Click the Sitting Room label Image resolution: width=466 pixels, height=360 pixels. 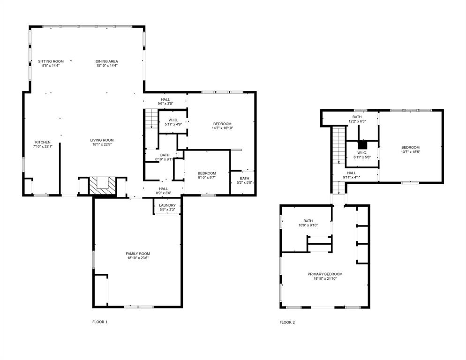tap(51, 61)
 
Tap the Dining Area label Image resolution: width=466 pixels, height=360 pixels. tap(106, 61)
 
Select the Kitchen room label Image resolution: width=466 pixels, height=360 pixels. tap(43, 142)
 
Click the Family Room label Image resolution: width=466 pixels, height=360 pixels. tap(137, 253)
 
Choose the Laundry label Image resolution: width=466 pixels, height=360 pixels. tap(167, 205)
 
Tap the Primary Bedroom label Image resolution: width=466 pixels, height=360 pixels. tap(324, 274)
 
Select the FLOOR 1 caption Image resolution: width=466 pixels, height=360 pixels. tap(100, 322)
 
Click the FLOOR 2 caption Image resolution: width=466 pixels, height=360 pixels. tap(287, 322)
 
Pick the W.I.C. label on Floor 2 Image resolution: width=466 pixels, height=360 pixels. tap(362, 152)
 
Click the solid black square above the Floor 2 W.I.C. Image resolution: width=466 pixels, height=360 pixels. tap(362, 145)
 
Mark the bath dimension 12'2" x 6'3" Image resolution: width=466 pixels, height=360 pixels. tap(357, 121)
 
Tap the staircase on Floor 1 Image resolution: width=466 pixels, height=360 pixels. tap(150, 118)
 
